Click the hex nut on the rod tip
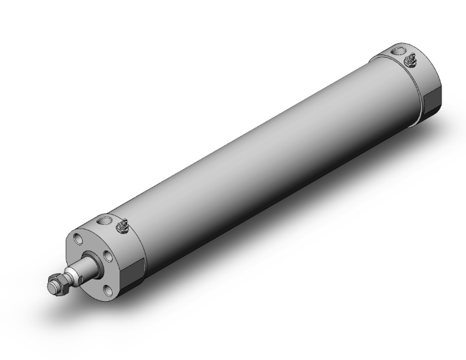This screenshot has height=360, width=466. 61,286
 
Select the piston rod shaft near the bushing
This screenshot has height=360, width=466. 88,270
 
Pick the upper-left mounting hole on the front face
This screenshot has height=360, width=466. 77,239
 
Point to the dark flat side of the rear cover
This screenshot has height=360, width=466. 432,100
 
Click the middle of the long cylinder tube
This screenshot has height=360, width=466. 263,150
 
